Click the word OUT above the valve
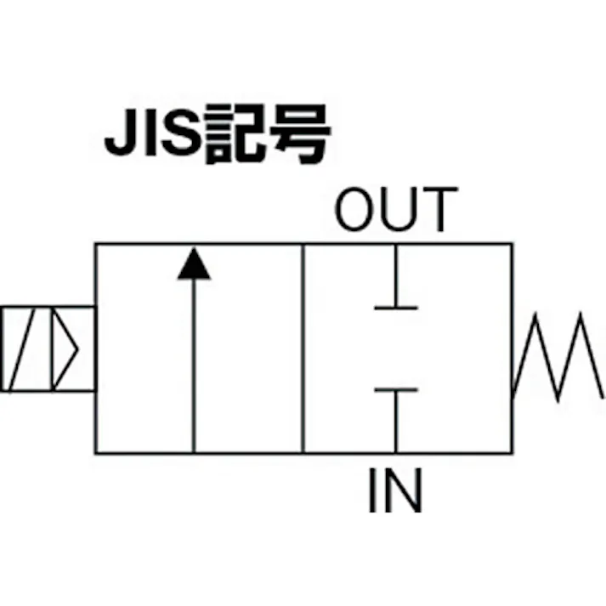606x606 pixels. click(x=395, y=211)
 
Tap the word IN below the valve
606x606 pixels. click(x=394, y=490)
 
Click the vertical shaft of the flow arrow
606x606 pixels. click(x=194, y=365)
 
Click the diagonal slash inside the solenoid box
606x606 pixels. click(x=24, y=348)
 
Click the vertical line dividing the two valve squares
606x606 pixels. click(x=303, y=348)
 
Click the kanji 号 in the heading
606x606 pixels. click(x=297, y=134)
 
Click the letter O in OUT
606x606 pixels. click(x=356, y=211)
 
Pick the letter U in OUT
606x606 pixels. click(x=399, y=211)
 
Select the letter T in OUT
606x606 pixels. click(x=438, y=211)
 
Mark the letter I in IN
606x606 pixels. click(x=373, y=490)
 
